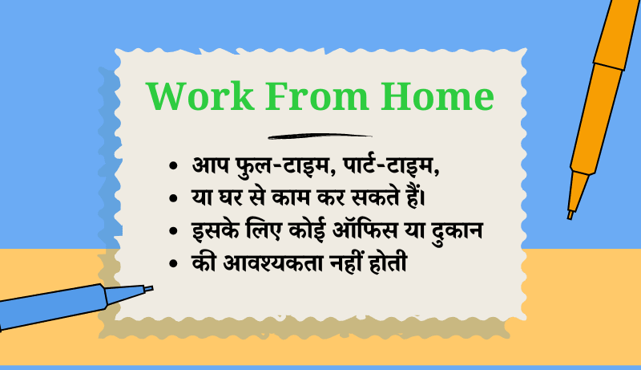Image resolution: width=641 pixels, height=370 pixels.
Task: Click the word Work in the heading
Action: pos(200,96)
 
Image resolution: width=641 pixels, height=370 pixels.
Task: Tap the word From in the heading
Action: pos(317,96)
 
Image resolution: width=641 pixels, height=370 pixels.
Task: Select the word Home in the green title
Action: pos(437,96)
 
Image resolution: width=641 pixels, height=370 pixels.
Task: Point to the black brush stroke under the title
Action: pos(320,136)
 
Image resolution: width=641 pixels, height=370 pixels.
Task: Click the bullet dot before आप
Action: pos(173,166)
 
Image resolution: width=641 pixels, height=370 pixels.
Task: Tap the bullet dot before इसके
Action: pos(173,231)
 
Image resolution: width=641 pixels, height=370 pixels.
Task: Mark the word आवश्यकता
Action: pos(273,263)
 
